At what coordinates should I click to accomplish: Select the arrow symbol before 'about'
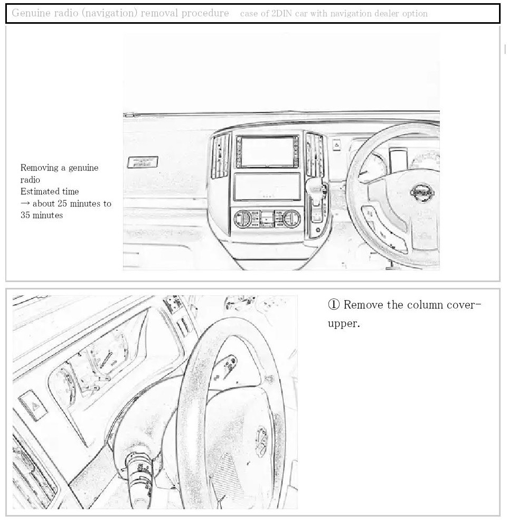[x=25, y=203]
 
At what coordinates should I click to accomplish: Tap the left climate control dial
[x=243, y=218]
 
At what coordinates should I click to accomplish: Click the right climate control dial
[x=291, y=218]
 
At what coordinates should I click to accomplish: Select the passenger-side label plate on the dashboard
[x=143, y=162]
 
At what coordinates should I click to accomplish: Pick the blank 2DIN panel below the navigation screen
[x=267, y=186]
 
